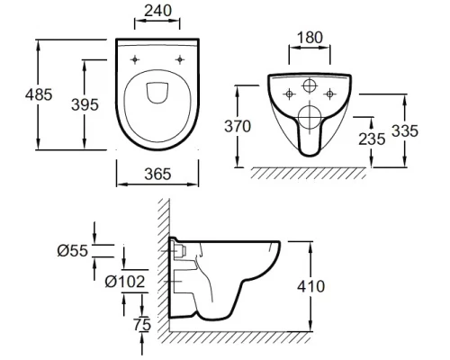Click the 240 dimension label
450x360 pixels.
tap(158, 11)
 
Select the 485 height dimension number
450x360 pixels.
tap(39, 94)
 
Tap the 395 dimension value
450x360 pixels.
tap(85, 104)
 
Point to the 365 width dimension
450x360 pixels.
tap(157, 174)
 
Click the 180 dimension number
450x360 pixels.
tap(310, 38)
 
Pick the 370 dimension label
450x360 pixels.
tap(238, 126)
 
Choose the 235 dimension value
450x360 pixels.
tap(372, 139)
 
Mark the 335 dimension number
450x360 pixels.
tap(405, 131)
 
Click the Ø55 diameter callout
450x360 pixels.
tap(73, 250)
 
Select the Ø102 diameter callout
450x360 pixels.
tap(125, 282)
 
